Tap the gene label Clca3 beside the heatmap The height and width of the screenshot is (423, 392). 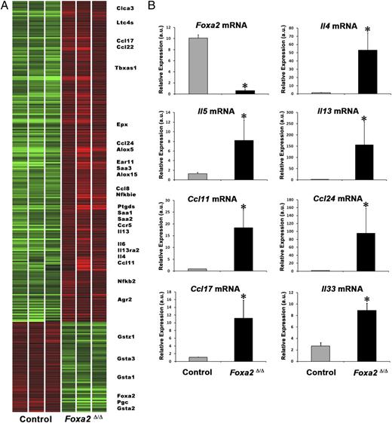[126, 8]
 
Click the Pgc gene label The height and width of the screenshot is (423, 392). [122, 402]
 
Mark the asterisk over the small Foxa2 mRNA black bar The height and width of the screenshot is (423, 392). [243, 86]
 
